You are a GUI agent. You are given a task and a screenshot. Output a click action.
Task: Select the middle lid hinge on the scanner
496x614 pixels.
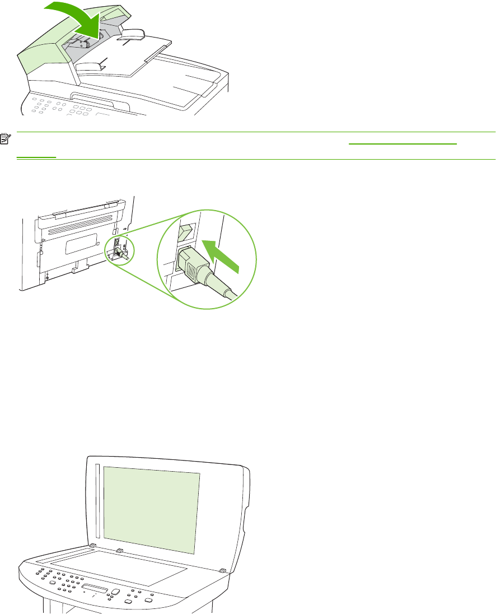(x=119, y=551)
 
